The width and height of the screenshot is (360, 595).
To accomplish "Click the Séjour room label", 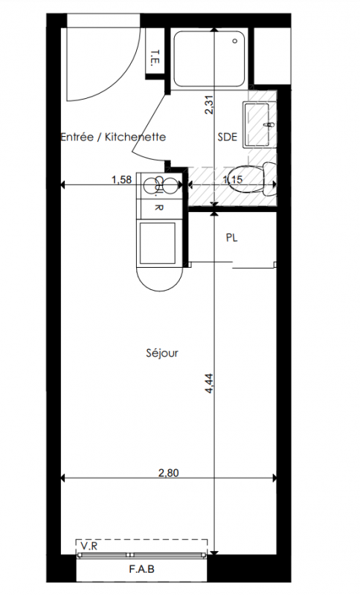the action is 162,353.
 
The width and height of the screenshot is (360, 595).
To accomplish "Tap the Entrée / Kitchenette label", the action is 113,137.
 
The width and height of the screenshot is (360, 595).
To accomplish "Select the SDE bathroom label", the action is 227,137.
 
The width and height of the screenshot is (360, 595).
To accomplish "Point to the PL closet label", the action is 232,238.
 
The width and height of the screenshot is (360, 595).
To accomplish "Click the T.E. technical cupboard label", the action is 155,57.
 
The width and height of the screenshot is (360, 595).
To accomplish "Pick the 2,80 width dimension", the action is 168,473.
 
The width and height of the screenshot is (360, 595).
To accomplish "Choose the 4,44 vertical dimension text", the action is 210,383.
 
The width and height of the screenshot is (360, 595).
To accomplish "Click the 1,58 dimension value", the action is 122,179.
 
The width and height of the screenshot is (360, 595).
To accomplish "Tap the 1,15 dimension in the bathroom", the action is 233,179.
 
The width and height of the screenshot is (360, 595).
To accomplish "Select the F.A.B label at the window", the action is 141,569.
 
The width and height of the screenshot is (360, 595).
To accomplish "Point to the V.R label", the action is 89,546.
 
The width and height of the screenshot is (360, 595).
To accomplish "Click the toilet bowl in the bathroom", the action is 253,178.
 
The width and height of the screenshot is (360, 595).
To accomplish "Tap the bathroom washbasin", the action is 257,124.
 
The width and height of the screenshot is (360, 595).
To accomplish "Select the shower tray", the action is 210,59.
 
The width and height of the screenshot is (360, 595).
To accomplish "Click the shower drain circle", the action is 236,41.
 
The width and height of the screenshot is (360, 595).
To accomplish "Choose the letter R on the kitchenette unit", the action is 159,208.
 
